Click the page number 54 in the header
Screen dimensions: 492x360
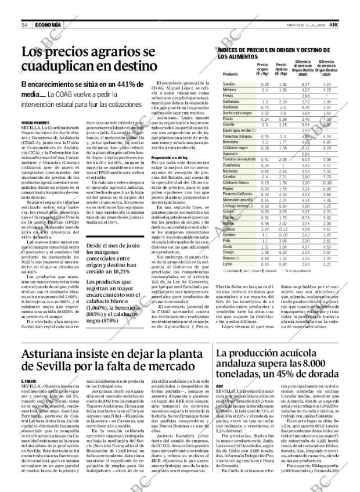pyautogui.click(x=25, y=24)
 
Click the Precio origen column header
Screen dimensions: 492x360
pyautogui.click(x=262, y=71)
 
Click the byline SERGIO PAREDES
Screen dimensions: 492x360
pyautogui.click(x=35, y=124)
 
